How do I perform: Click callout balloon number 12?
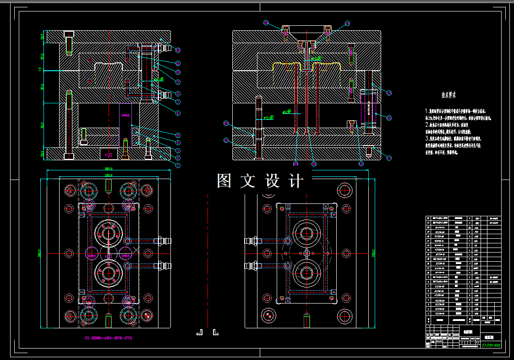pyautogui.click(x=178, y=50)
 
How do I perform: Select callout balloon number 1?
pyautogui.click(x=178, y=165)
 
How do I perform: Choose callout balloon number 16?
pyautogui.click(x=389, y=118)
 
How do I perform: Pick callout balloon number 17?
pyautogui.click(x=389, y=158)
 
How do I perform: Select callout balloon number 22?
pyautogui.click(x=226, y=123)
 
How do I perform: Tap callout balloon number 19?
pyautogui.click(x=314, y=163)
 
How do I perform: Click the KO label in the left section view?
pyautogui.click(x=109, y=155)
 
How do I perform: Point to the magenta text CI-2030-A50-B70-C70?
pyautogui.click(x=109, y=338)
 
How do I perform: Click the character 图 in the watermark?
pyautogui.click(x=224, y=181)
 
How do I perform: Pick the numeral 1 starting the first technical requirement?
pyautogui.click(x=427, y=111)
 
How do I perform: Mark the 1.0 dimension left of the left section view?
pyautogui.click(x=40, y=69)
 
